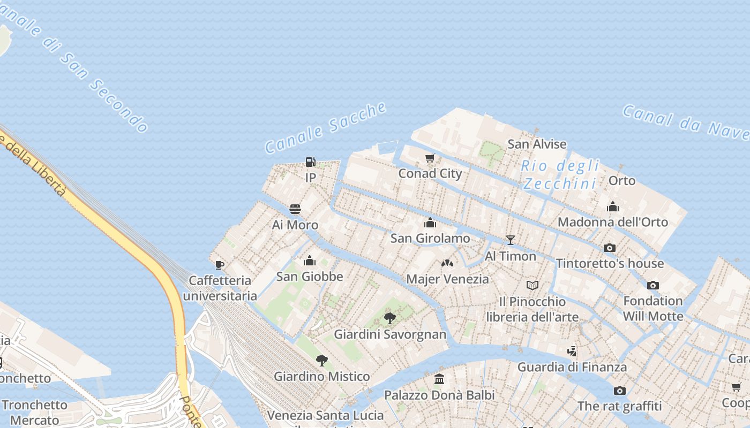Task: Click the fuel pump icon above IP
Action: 310,162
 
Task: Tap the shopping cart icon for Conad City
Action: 430,158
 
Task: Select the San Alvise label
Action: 537,144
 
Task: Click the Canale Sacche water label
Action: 326,127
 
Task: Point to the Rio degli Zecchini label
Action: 560,175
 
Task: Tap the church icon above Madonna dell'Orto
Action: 613,207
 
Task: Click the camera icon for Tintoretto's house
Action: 609,248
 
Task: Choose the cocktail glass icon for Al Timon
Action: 510,240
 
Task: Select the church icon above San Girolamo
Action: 430,223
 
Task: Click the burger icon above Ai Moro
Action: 295,209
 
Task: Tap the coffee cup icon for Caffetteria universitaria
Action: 219,265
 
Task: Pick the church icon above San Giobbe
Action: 309,261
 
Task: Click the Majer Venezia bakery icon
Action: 447,263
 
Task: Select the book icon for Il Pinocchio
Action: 532,286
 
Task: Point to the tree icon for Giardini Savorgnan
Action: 390,318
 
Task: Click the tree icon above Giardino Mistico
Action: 321,361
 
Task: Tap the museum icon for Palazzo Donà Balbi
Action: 439,379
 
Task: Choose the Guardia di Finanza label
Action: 572,367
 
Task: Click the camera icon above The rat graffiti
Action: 620,391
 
